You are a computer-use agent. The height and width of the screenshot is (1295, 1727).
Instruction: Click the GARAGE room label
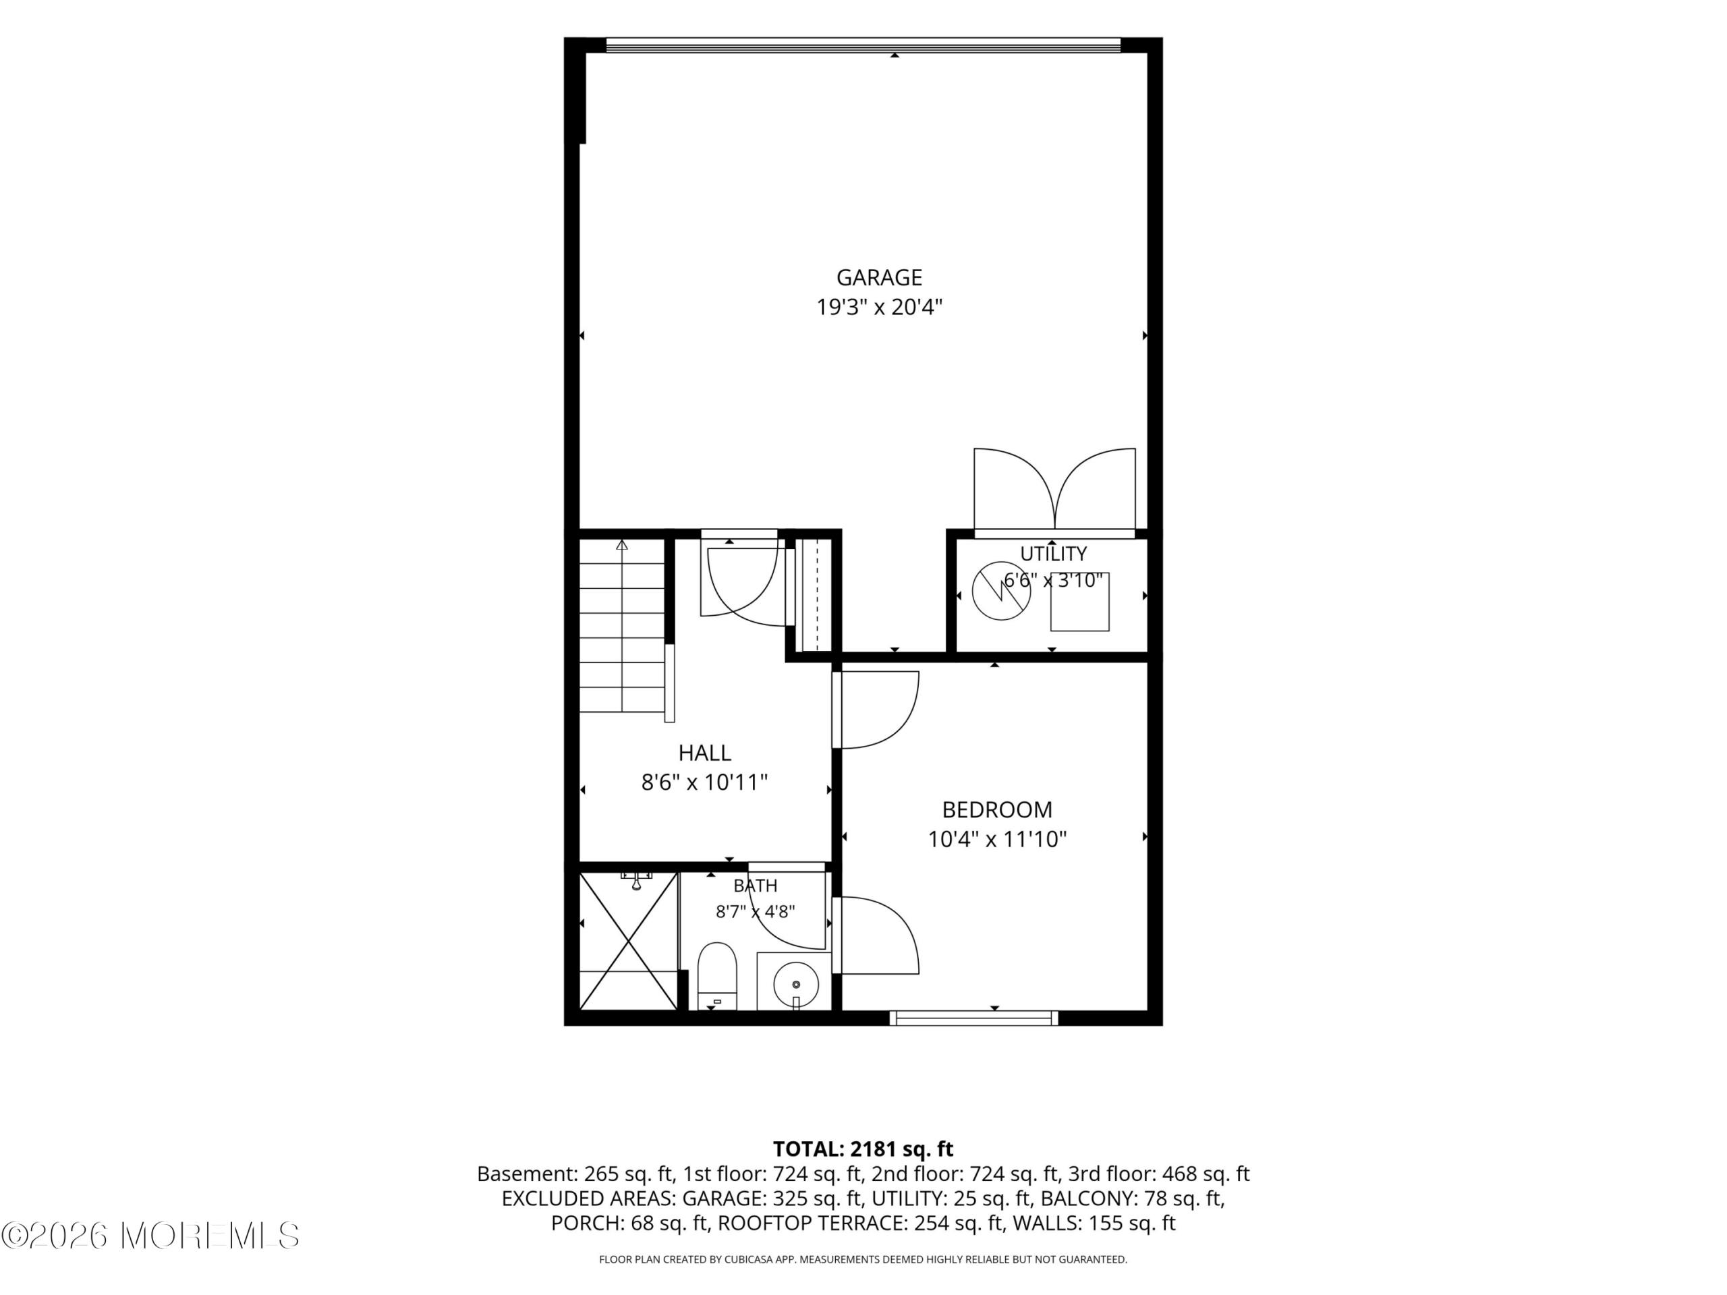pyautogui.click(x=879, y=278)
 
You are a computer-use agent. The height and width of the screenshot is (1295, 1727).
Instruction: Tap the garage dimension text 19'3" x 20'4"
pyautogui.click(x=879, y=308)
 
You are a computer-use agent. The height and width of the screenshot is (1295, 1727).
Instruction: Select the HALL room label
pyautogui.click(x=704, y=753)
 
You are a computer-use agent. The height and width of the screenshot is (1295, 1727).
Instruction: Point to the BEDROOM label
pyautogui.click(x=997, y=809)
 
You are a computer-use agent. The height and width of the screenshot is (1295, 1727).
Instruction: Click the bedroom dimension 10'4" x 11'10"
pyautogui.click(x=997, y=840)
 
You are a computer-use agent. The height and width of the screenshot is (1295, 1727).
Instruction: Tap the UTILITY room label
pyautogui.click(x=1053, y=554)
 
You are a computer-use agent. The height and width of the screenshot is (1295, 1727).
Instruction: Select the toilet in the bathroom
pyautogui.click(x=716, y=976)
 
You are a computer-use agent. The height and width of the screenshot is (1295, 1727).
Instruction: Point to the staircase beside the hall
pyautogui.click(x=622, y=626)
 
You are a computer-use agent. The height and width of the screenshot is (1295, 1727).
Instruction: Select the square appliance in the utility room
pyautogui.click(x=1080, y=602)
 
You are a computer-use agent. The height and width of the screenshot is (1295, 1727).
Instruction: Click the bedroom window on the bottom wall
pyautogui.click(x=973, y=1018)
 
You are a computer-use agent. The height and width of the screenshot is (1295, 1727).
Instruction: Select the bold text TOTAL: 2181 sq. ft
pyautogui.click(x=863, y=1149)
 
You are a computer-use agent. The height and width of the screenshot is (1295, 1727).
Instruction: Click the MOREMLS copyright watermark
pyautogui.click(x=150, y=1236)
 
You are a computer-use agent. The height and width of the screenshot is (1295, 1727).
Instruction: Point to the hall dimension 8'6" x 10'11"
pyautogui.click(x=704, y=783)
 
